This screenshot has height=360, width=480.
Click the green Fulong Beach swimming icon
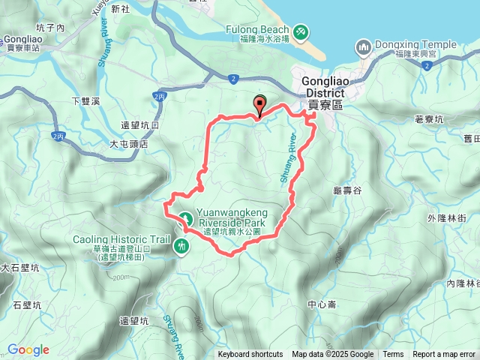point(301,32)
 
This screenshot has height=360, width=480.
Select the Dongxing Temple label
point(415,45)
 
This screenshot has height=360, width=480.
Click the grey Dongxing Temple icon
point(363,48)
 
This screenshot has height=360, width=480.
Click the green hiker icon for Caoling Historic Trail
point(181,245)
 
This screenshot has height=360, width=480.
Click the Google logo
point(28,349)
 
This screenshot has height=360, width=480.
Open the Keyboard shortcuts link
point(250,355)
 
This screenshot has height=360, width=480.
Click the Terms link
point(393,355)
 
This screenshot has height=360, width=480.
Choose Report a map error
point(445,355)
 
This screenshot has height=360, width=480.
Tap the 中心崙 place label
point(322,304)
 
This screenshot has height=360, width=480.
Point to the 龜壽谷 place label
point(347,191)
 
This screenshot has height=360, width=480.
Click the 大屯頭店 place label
point(129,143)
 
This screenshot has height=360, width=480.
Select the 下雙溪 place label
point(85,101)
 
